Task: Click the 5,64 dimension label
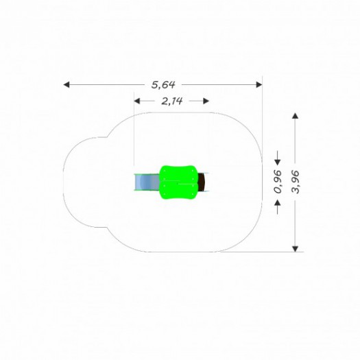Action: coord(163,85)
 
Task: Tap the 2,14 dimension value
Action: coord(172,101)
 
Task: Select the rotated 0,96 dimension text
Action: coord(278,182)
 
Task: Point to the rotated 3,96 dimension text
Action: coord(296,182)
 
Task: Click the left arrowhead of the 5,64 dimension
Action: coord(66,85)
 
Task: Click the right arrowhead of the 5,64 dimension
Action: coord(259,85)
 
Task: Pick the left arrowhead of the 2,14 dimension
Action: coord(137,101)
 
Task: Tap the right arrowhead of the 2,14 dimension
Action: coord(206,101)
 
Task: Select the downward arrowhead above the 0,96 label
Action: coord(278,162)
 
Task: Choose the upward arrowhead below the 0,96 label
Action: coord(278,202)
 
